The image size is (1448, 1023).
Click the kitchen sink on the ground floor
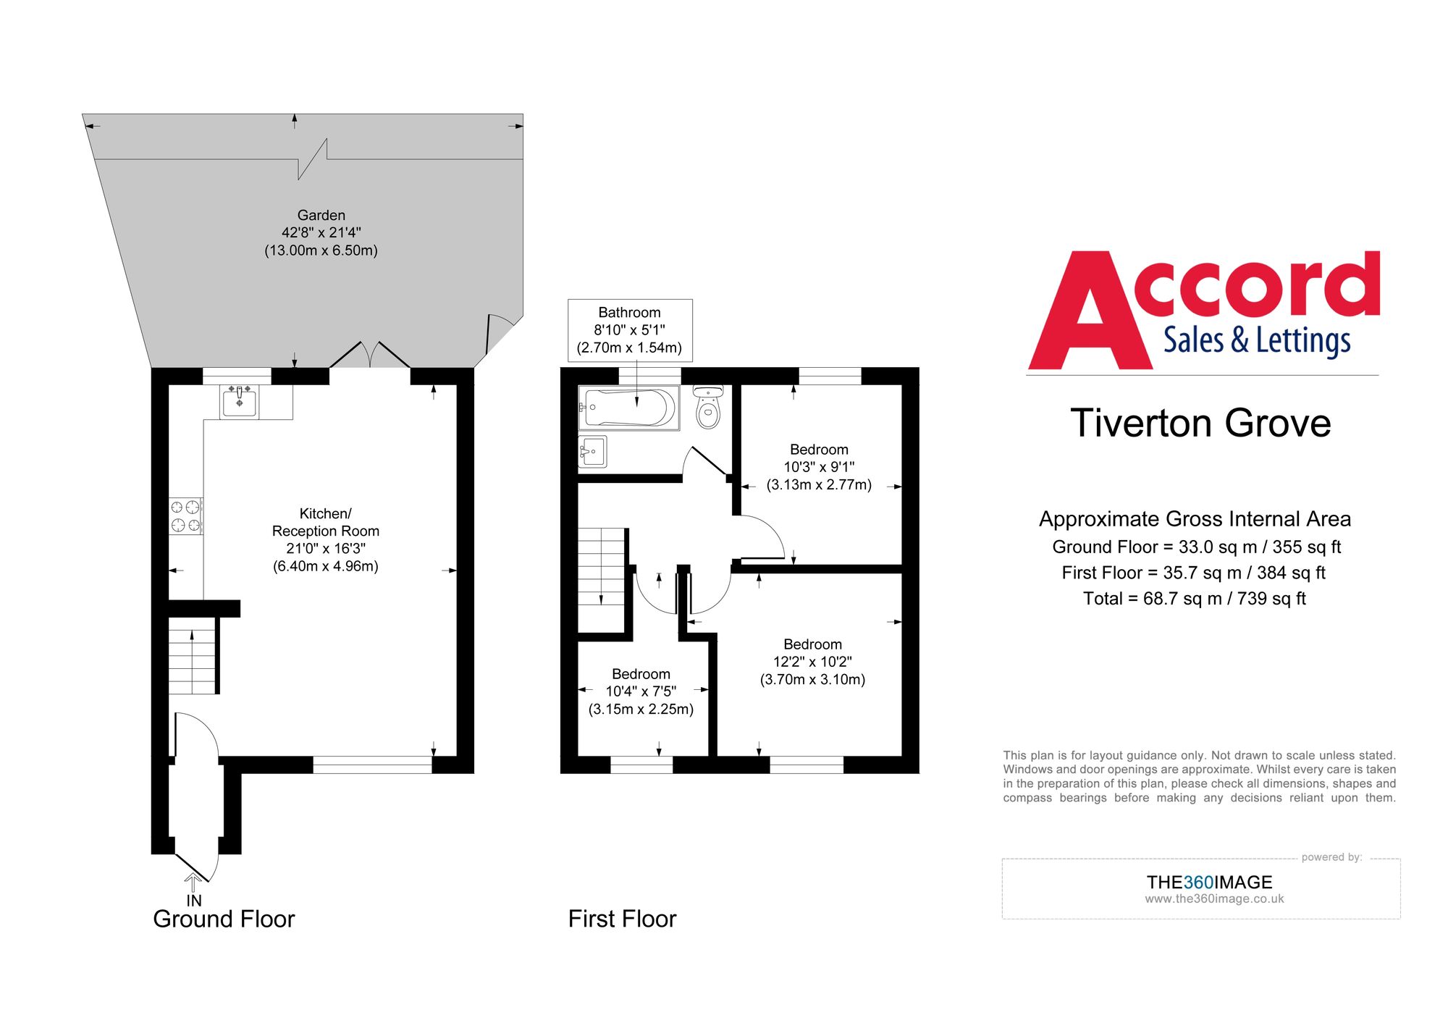(240, 401)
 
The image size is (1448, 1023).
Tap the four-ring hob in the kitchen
(185, 516)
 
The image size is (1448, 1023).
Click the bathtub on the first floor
(628, 408)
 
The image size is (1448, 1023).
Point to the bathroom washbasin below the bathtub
(592, 452)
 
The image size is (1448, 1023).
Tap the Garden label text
(321, 215)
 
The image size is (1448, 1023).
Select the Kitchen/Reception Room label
(325, 522)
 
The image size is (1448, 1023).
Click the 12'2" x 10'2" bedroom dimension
(812, 662)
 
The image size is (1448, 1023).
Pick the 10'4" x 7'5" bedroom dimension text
(641, 691)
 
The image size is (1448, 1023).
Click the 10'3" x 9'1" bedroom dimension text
(819, 467)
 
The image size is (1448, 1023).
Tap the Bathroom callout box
(629, 329)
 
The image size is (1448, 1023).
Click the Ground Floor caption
(224, 919)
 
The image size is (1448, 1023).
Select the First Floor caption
(622, 919)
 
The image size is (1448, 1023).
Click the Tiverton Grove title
(1200, 424)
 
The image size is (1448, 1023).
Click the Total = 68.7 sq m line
(1194, 599)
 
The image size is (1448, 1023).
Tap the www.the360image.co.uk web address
(1214, 899)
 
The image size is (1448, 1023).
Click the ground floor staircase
(192, 656)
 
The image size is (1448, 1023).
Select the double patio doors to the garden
(370, 356)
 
